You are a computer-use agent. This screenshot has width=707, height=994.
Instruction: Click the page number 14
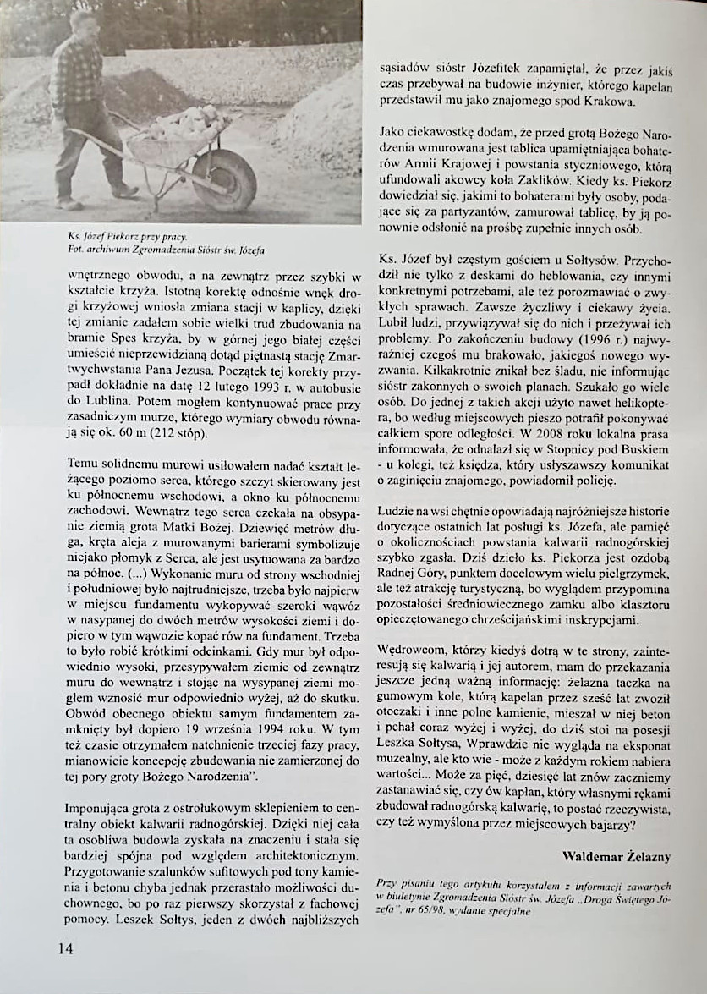point(66,948)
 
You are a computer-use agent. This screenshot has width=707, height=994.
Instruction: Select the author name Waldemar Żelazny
point(617,857)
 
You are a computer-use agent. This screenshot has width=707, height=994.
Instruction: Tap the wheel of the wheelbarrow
point(224,179)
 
